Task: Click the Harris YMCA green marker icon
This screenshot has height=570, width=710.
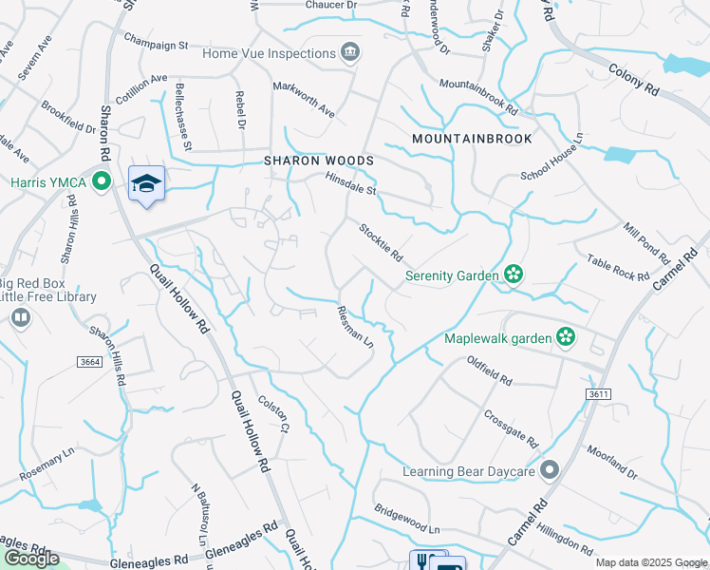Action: (x=101, y=181)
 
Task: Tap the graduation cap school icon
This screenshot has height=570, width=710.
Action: (x=146, y=183)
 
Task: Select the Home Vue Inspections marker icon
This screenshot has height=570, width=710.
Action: (x=351, y=50)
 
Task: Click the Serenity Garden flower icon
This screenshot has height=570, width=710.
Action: (x=514, y=275)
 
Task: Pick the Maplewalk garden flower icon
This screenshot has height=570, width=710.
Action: (x=566, y=336)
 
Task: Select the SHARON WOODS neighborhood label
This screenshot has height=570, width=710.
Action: (x=319, y=161)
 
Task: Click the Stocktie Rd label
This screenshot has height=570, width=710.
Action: (x=382, y=242)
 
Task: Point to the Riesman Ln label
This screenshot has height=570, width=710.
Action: (x=356, y=326)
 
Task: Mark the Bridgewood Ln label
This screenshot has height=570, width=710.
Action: (x=408, y=519)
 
